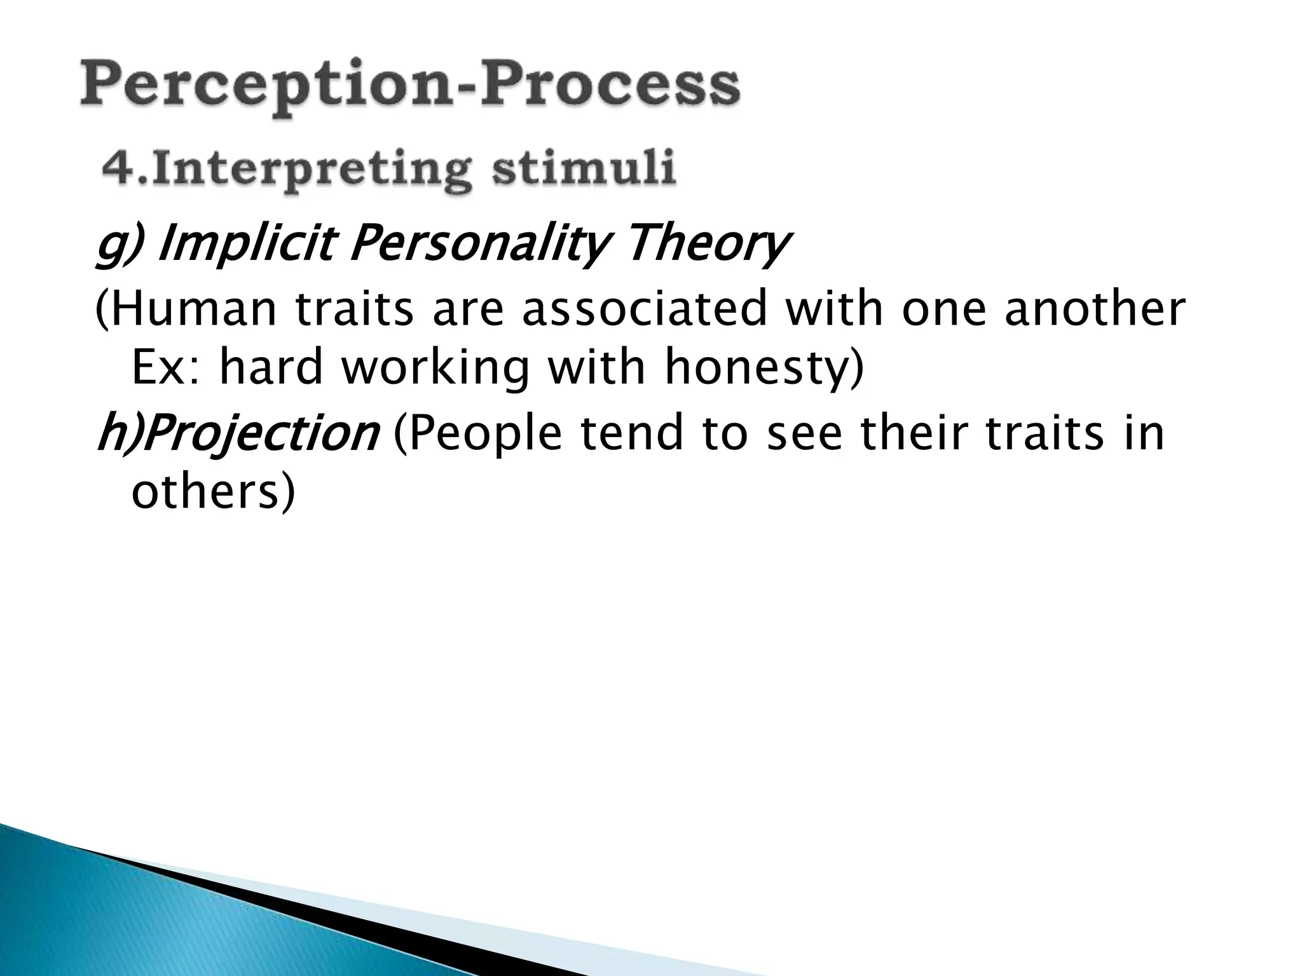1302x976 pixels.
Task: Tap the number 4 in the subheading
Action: tap(116, 168)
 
